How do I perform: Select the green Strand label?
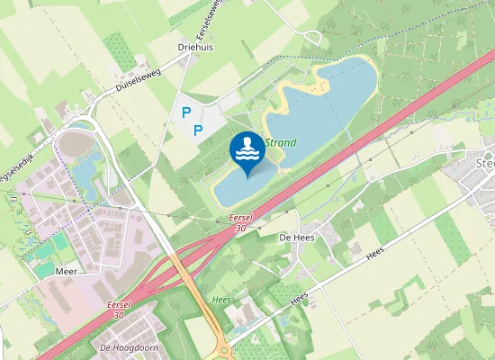tap(281, 142)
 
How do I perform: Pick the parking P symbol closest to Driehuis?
tap(186, 112)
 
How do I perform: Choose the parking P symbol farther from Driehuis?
tap(198, 130)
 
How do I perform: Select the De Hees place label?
tap(295, 236)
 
